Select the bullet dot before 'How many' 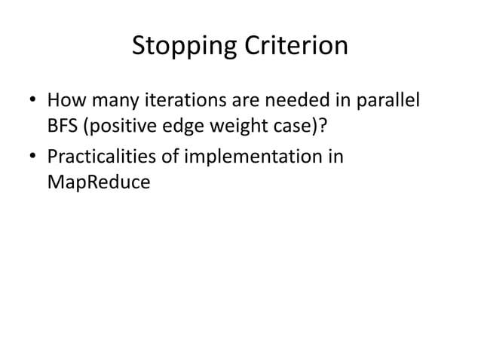(x=32, y=101)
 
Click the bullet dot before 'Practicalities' (x=32, y=158)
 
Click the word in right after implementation (x=335, y=157)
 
